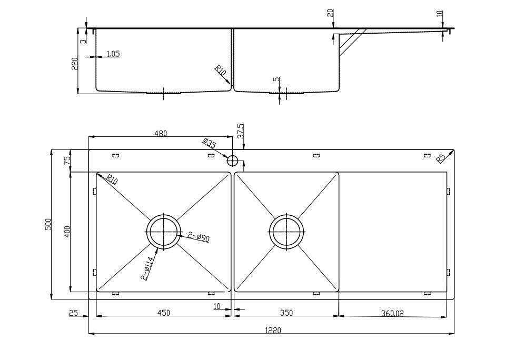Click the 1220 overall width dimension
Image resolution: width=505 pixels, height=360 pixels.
tap(273, 330)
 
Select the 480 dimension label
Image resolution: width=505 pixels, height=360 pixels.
tap(160, 133)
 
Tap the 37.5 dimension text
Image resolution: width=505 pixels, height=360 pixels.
tap(241, 132)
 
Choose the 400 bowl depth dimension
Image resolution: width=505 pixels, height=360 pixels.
tap(67, 232)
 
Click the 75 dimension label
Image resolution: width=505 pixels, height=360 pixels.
tap(67, 161)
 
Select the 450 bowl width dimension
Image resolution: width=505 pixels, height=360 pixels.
tap(164, 313)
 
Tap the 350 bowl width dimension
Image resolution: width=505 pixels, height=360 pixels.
tap(286, 313)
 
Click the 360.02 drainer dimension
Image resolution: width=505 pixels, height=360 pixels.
tap(392, 313)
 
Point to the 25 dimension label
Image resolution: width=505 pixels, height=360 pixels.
tap(73, 313)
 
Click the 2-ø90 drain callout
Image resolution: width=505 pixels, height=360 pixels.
tap(199, 237)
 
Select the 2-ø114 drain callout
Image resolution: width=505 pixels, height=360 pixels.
tap(148, 267)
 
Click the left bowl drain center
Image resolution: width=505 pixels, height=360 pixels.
tap(164, 232)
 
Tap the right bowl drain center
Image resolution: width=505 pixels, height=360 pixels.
tap(286, 232)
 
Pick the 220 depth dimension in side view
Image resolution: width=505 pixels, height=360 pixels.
tap(75, 64)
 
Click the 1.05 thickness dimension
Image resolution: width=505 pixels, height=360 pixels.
tap(113, 54)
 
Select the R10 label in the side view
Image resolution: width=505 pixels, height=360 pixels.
tap(220, 71)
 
